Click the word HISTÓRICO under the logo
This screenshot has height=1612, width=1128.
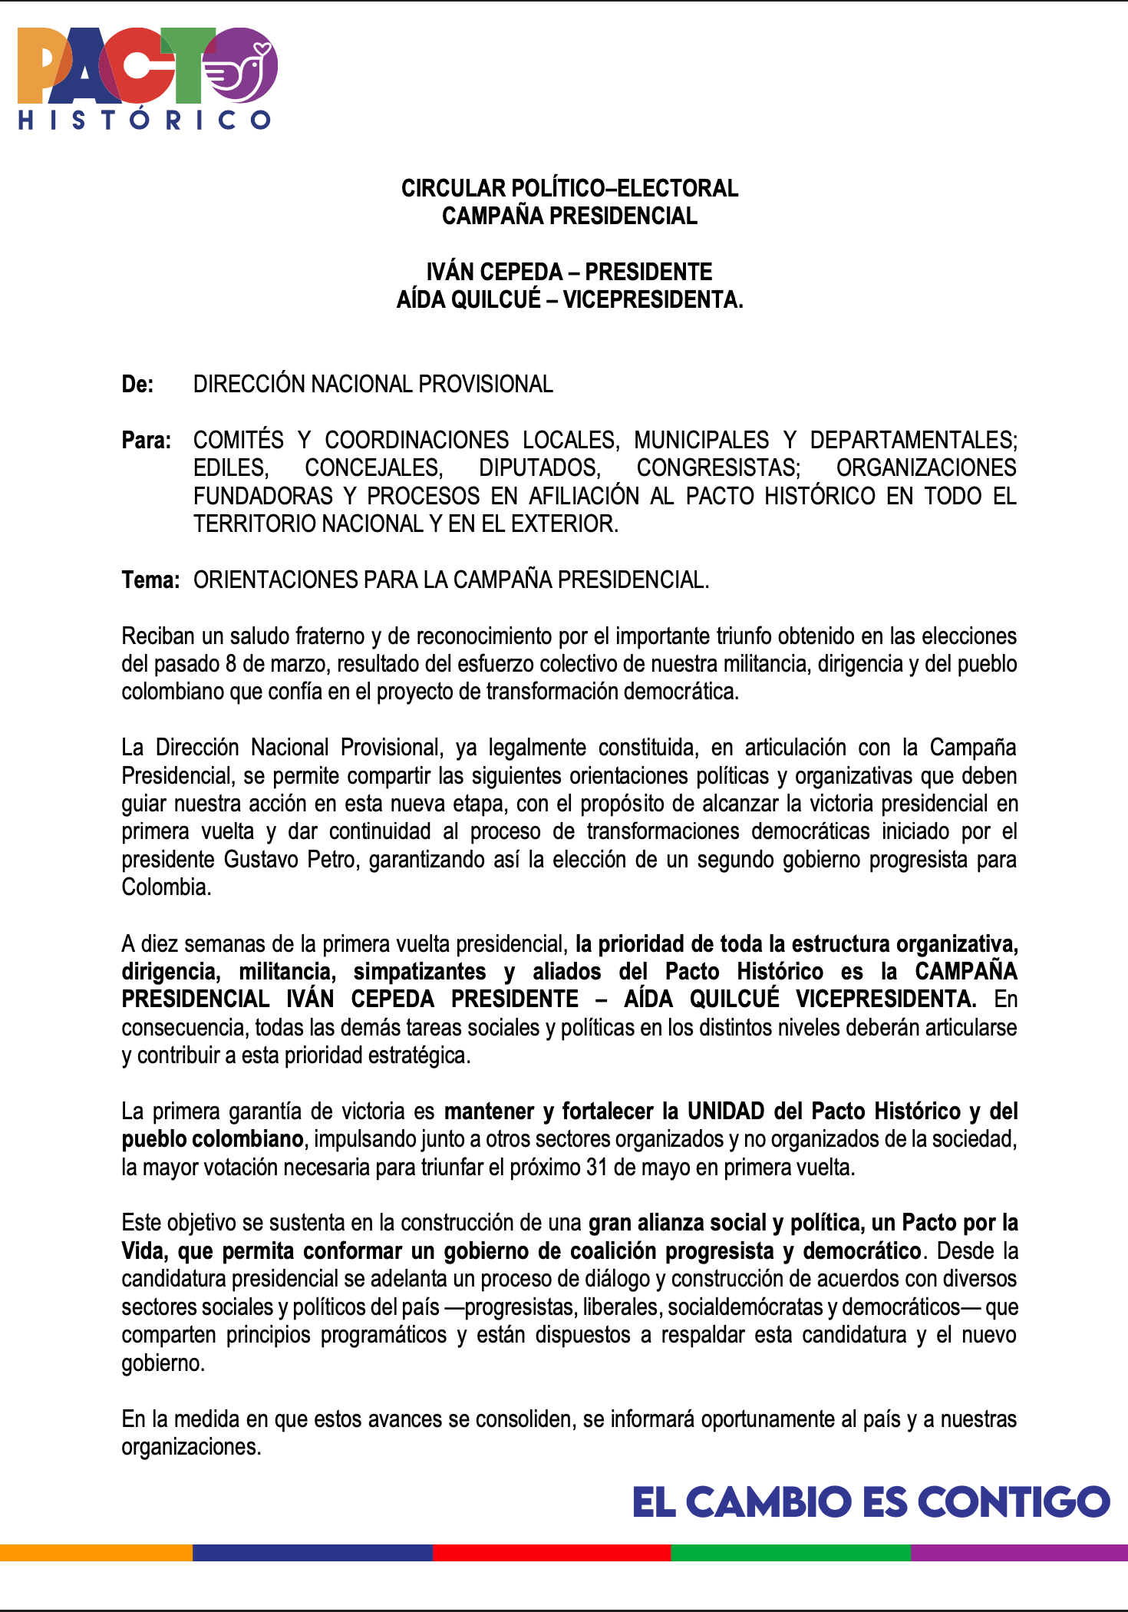pyautogui.click(x=144, y=120)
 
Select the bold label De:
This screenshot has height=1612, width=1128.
pyautogui.click(x=137, y=384)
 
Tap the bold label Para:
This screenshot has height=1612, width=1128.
pyautogui.click(x=146, y=440)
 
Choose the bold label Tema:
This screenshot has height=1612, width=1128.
pyautogui.click(x=150, y=580)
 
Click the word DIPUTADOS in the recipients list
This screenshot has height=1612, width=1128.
pyautogui.click(x=539, y=467)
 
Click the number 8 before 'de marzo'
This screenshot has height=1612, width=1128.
pyautogui.click(x=231, y=664)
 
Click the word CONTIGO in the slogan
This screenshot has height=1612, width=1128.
pyautogui.click(x=1014, y=1502)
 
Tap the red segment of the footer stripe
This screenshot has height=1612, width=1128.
pyautogui.click(x=551, y=1552)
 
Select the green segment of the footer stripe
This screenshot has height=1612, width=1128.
pyautogui.click(x=790, y=1552)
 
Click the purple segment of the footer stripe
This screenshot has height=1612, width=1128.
pyautogui.click(x=1019, y=1552)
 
